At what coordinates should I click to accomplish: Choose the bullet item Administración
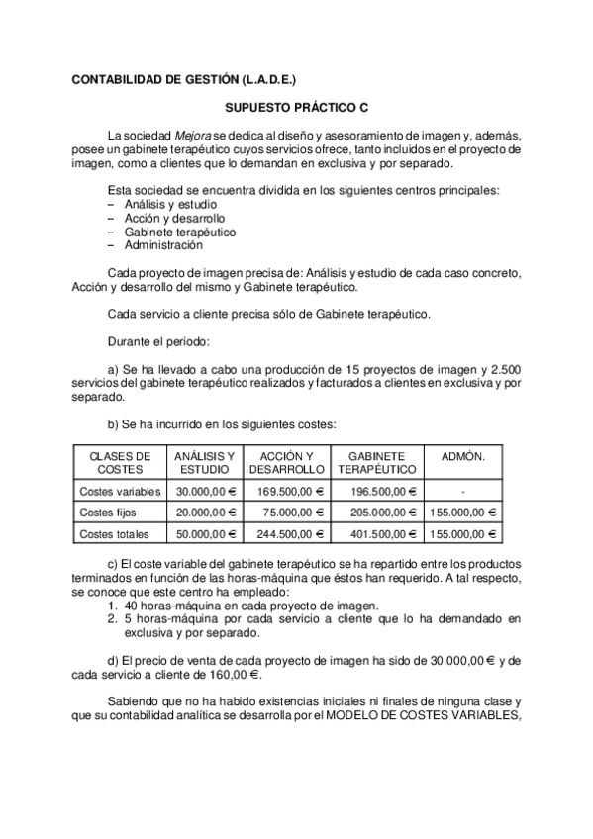[164, 244]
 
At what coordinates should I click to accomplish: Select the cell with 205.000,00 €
[376, 513]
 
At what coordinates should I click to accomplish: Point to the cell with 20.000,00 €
[207, 513]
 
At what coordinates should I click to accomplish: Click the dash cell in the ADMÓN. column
[463, 491]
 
